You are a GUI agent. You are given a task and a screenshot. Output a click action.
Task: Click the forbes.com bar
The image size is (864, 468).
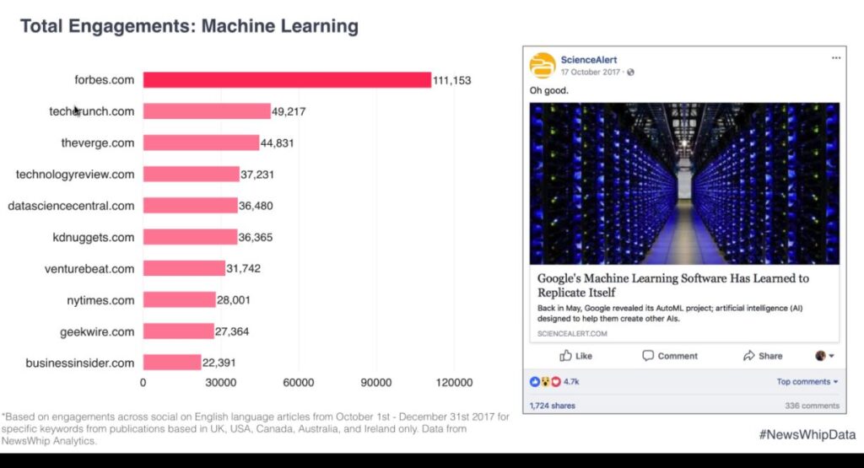tap(287, 80)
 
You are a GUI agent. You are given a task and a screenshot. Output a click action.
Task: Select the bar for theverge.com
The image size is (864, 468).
tap(201, 143)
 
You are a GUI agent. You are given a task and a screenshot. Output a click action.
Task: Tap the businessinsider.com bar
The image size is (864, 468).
tap(171, 363)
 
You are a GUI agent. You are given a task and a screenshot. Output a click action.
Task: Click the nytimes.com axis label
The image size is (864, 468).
tap(100, 300)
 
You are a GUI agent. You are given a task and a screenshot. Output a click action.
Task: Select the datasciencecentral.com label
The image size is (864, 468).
tap(71, 206)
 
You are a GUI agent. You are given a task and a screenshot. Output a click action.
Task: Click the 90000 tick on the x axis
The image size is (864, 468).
tap(375, 383)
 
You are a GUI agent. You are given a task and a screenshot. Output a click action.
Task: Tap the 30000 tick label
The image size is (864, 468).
tap(220, 383)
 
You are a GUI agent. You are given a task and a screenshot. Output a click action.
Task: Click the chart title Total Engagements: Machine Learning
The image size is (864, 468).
tap(189, 26)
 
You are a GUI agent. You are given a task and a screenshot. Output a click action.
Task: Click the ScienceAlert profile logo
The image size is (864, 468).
tap(543, 65)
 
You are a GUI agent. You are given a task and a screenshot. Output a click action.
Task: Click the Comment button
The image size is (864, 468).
tap(670, 356)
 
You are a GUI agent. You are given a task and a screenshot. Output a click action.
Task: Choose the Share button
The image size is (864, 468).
tap(763, 356)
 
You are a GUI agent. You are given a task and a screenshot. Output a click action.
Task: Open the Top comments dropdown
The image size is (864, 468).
tap(807, 382)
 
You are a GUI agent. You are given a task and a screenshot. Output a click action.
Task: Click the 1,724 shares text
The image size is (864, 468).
tap(552, 406)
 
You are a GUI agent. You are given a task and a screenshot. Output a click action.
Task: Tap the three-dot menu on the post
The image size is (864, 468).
tap(835, 58)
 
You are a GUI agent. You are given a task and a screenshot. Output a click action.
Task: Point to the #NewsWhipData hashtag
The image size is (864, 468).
tap(807, 434)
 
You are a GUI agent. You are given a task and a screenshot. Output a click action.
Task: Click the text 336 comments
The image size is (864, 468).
tap(812, 406)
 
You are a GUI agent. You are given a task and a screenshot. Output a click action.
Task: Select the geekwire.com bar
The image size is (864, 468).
tap(178, 331)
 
